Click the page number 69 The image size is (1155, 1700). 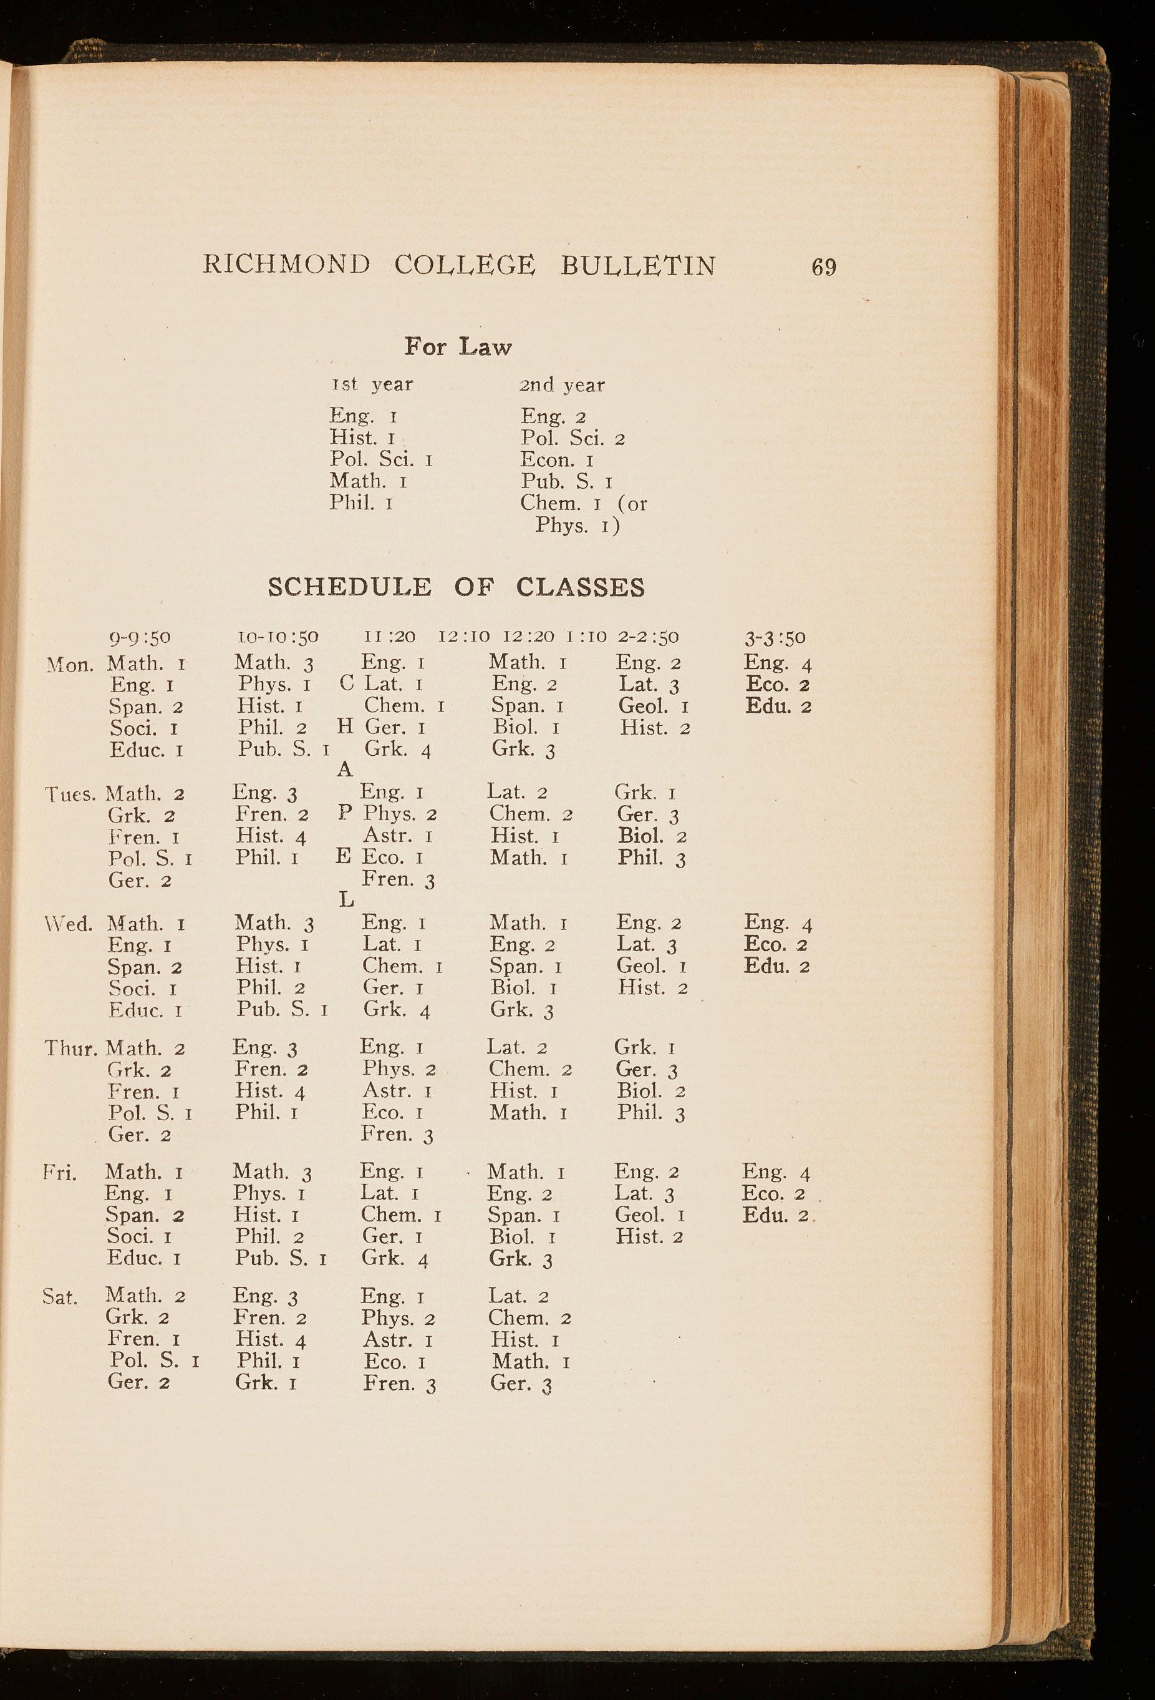(824, 267)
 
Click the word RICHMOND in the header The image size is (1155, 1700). (286, 265)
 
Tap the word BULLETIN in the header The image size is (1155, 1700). (638, 265)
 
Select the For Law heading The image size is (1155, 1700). (458, 347)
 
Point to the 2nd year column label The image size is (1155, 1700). (562, 385)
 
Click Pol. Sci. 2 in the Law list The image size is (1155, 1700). (573, 439)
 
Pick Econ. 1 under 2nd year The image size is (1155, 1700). (557, 460)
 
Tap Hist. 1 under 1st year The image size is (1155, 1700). (362, 438)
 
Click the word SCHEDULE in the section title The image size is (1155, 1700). (349, 587)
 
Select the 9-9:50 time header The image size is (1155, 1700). (140, 637)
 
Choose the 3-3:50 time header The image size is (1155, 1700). (775, 637)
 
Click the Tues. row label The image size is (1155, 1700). (71, 794)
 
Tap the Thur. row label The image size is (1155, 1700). (72, 1048)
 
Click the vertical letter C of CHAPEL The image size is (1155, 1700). (347, 683)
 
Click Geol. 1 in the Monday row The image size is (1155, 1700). (654, 706)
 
